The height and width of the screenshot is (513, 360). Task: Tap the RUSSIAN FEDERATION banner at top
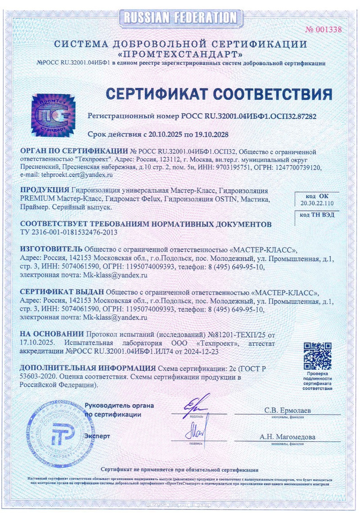(180, 18)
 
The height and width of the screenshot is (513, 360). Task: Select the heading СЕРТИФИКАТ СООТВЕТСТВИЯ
(219, 94)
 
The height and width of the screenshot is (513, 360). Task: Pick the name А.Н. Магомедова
(288, 437)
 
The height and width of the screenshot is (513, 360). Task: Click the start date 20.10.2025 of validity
(166, 134)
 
